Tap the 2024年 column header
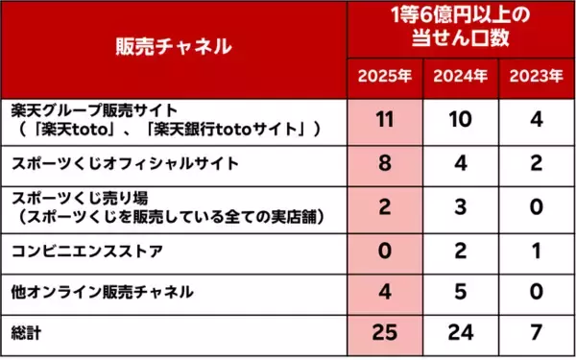click(x=460, y=76)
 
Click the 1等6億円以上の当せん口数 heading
click(x=460, y=28)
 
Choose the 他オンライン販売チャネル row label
click(x=101, y=291)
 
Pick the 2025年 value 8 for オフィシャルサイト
click(x=386, y=162)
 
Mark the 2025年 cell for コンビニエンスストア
click(x=386, y=252)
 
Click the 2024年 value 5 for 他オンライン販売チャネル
click(x=460, y=291)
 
